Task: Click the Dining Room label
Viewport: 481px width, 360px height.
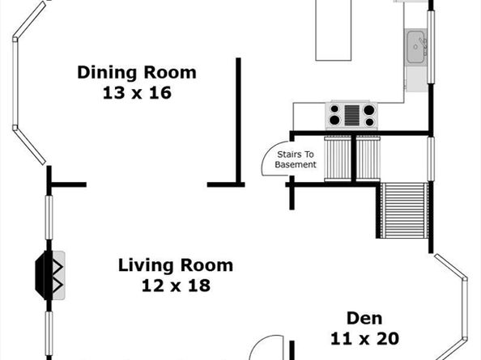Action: click(x=137, y=72)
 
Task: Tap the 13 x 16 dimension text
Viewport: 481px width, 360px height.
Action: click(x=137, y=92)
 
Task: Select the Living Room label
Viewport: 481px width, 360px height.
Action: click(x=176, y=265)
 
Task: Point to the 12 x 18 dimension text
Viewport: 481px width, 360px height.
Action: click(x=176, y=286)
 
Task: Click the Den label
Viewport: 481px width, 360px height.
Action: click(x=364, y=318)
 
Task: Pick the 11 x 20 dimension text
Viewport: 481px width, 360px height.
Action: click(x=364, y=338)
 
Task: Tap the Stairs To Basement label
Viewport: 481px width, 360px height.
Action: click(x=296, y=159)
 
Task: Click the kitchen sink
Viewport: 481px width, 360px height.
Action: click(x=416, y=47)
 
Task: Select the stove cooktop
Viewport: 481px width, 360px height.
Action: click(x=351, y=116)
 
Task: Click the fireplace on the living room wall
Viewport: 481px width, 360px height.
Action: click(x=50, y=275)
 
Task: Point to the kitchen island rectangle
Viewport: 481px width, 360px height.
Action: click(x=334, y=30)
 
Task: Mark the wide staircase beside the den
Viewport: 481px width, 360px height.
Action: click(x=404, y=210)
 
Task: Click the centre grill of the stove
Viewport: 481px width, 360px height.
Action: click(x=352, y=116)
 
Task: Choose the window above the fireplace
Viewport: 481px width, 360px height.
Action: click(x=49, y=218)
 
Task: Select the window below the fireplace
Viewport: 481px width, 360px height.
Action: click(x=49, y=334)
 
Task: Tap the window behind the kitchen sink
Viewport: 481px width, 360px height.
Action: click(x=431, y=47)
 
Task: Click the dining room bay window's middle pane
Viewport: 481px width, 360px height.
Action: click(x=15, y=83)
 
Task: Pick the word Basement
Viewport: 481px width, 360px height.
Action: click(x=296, y=164)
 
